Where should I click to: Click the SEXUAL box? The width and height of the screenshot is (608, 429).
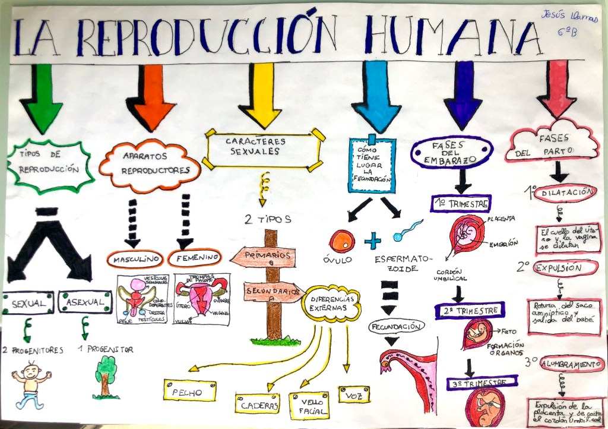point(28,302)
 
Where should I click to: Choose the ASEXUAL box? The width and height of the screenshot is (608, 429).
point(85,302)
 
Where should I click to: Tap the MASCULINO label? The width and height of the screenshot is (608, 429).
point(135,259)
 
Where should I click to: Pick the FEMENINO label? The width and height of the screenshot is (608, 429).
point(194,258)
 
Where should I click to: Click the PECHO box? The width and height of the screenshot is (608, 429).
point(189,392)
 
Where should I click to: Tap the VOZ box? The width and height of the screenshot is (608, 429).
point(354,393)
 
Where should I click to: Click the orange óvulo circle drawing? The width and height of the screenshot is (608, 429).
point(342,240)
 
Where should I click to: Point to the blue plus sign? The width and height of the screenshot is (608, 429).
point(372,241)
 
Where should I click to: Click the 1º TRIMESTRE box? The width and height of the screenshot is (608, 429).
point(461,204)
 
